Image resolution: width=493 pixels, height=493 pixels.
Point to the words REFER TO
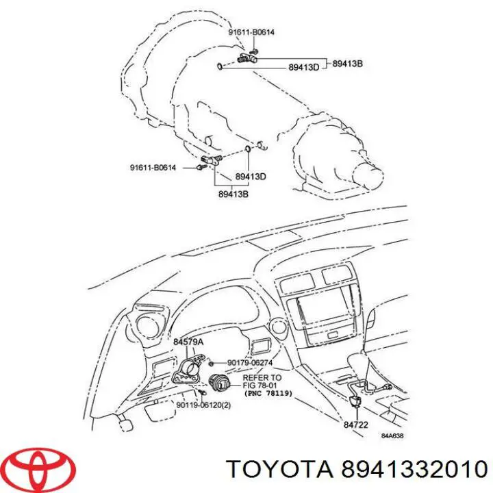click(262, 377)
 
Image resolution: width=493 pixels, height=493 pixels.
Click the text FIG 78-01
click(262, 385)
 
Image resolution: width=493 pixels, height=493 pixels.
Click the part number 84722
click(356, 425)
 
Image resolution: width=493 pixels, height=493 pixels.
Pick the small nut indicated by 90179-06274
click(212, 362)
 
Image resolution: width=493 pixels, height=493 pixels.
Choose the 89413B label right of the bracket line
click(347, 64)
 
